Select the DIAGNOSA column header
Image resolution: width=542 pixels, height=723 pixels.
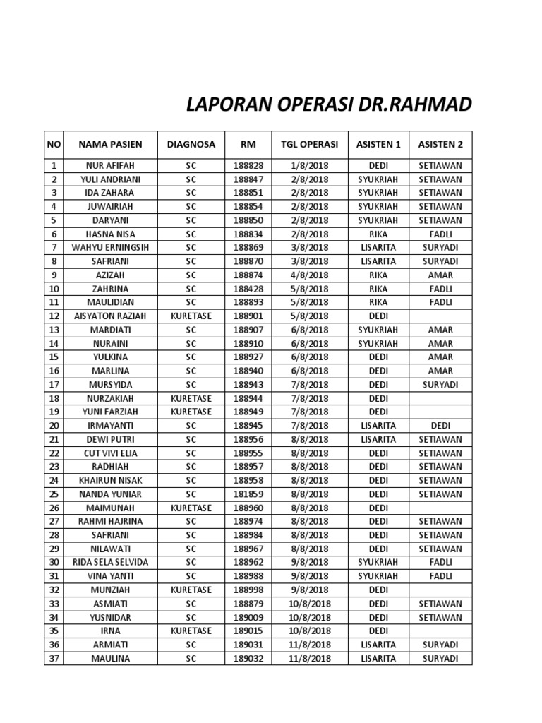click(x=191, y=145)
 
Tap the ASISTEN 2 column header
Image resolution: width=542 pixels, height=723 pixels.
click(x=440, y=145)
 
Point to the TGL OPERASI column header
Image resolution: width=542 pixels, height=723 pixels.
click(x=309, y=145)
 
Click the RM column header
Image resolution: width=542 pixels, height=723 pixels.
click(x=248, y=145)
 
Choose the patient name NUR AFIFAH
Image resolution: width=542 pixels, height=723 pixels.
click(x=110, y=165)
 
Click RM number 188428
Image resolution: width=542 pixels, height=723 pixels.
click(x=248, y=289)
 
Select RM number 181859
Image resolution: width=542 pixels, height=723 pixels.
click(x=248, y=494)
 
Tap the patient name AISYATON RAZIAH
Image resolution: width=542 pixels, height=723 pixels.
click(x=110, y=316)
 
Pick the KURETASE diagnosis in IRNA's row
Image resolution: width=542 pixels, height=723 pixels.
click(x=191, y=631)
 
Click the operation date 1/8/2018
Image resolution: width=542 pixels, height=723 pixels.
click(x=309, y=165)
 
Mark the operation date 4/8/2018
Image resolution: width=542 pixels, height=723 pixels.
click(x=309, y=275)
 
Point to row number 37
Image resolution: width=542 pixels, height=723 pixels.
click(x=54, y=659)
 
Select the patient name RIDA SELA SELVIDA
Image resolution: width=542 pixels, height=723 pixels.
click(x=110, y=563)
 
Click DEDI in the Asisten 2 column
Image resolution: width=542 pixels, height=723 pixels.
click(x=440, y=426)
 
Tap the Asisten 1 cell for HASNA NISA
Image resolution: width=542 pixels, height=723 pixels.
click(x=378, y=234)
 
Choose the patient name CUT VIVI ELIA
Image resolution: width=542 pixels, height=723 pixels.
click(x=110, y=453)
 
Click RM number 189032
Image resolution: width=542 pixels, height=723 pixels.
click(x=248, y=659)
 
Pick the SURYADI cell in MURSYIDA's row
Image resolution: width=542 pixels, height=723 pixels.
click(x=440, y=385)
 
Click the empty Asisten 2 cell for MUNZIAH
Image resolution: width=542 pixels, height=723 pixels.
click(x=440, y=590)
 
